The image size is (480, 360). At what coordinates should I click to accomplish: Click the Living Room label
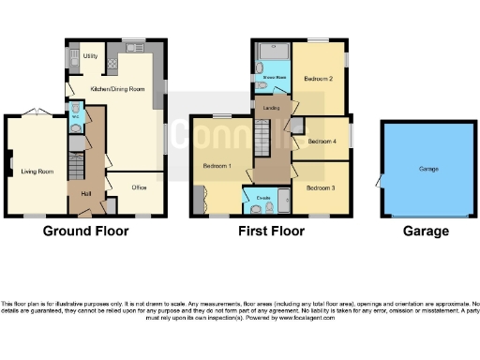32,172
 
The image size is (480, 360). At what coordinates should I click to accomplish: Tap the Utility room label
91,56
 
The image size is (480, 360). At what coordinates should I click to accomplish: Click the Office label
140,186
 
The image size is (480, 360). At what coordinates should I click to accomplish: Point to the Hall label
86,193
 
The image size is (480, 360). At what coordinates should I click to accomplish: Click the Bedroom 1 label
217,166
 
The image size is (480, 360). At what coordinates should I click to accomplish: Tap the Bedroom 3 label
320,187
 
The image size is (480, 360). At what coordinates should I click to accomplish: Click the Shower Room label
273,77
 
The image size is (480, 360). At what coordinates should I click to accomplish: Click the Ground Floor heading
86,232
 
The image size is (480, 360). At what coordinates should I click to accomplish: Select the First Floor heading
269,232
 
